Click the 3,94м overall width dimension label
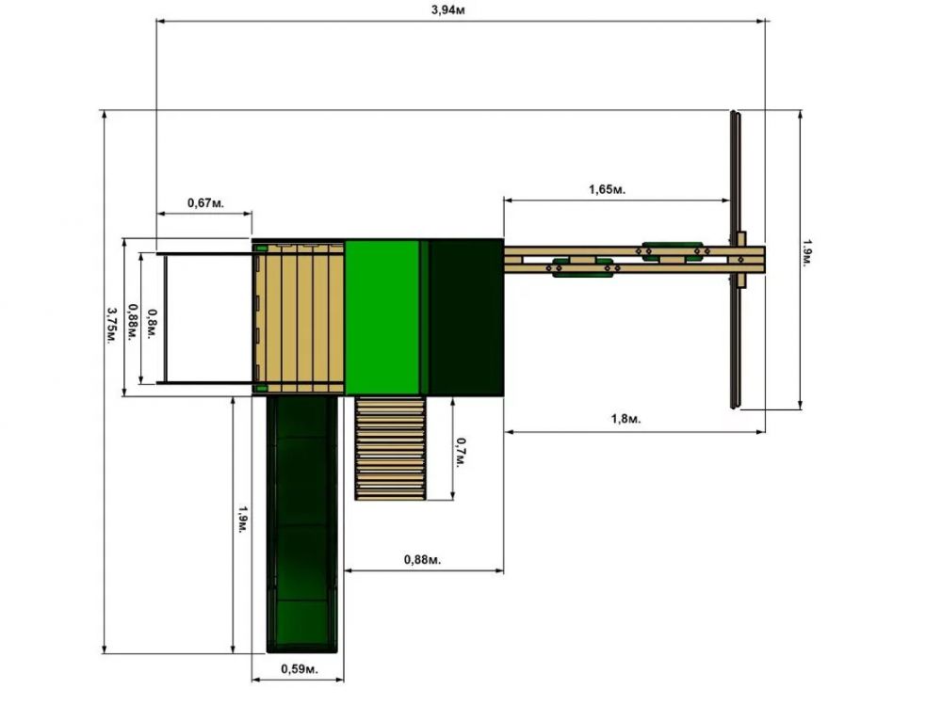point(447,10)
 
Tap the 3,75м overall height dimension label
point(112,326)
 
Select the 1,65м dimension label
point(607,190)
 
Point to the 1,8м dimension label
point(626,419)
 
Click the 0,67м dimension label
point(205,203)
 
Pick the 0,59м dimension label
point(300,669)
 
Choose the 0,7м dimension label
point(461,453)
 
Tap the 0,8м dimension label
point(153,324)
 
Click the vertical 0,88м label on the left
point(133,323)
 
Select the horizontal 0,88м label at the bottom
point(422,560)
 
